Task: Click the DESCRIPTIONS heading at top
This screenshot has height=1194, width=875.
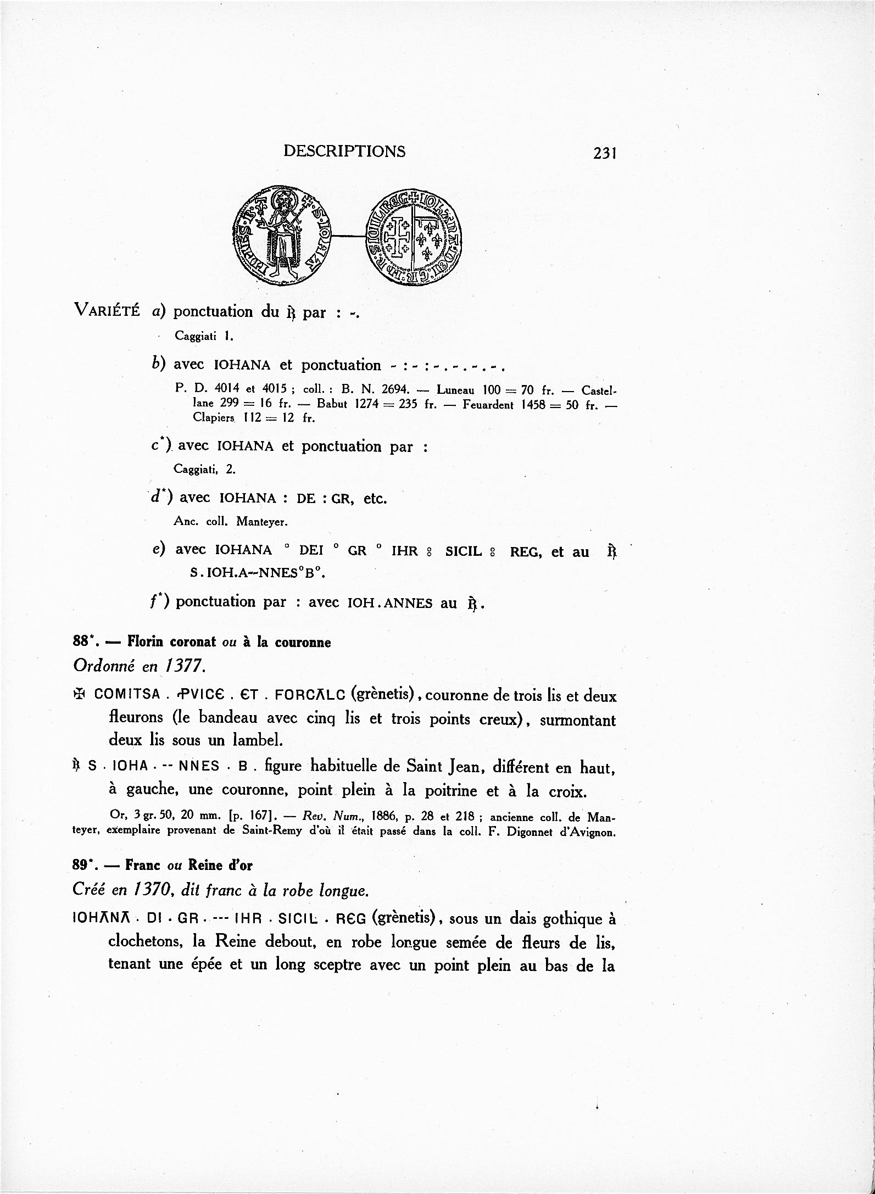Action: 344,151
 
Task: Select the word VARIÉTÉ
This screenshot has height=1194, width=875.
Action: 108,312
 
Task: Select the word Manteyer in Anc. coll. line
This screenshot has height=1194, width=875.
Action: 262,522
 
